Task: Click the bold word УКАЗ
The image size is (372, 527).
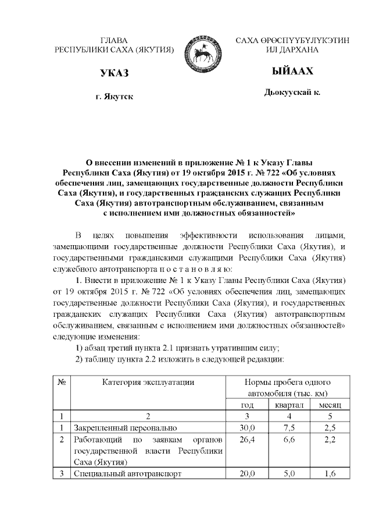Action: click(x=114, y=73)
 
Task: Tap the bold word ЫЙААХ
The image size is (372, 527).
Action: click(x=292, y=71)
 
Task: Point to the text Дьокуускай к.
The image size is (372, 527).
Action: click(x=292, y=92)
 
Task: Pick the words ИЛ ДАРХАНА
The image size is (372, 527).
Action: click(x=292, y=50)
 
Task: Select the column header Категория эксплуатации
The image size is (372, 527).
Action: click(x=148, y=382)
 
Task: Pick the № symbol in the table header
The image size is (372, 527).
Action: click(x=62, y=382)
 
